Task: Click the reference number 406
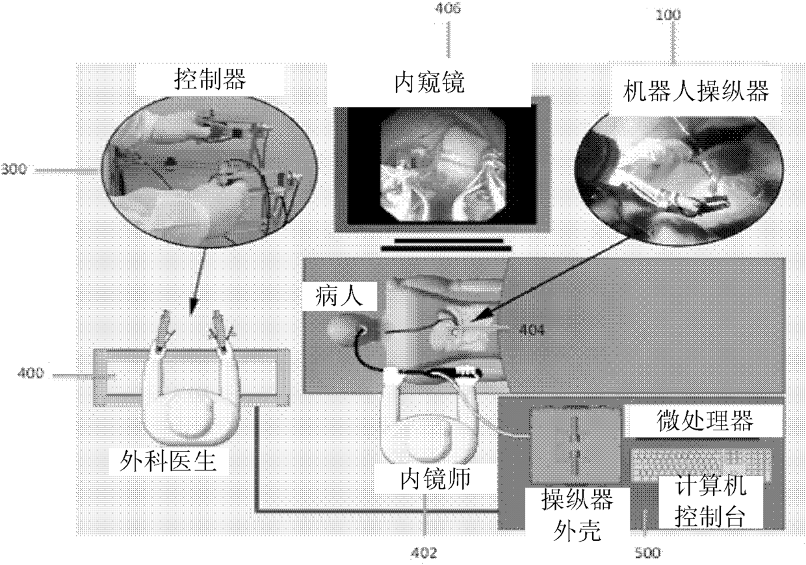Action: coord(448,12)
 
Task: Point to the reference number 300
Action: coord(14,170)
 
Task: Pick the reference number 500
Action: coord(647,553)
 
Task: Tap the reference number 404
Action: coord(531,330)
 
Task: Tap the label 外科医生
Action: coord(176,463)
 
